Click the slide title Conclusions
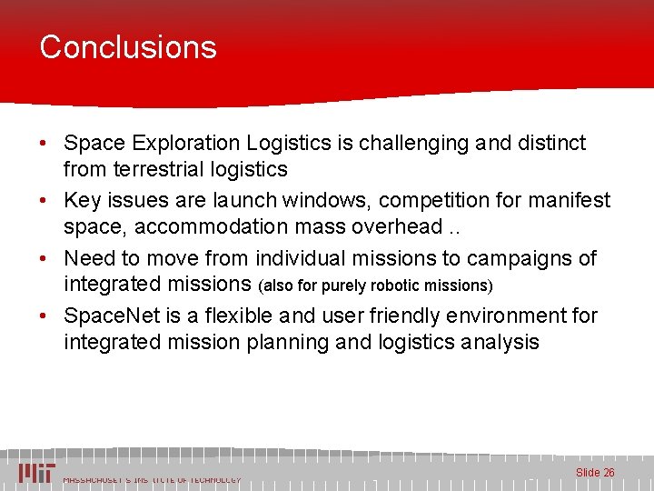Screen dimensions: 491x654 click(x=128, y=47)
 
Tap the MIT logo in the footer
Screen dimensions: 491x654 click(x=37, y=472)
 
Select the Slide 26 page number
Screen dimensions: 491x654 click(x=595, y=472)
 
